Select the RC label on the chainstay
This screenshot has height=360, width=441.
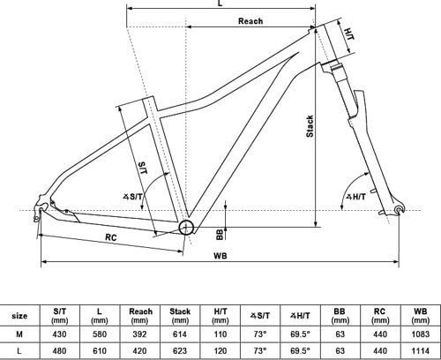(x=113, y=236)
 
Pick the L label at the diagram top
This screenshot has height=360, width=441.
(x=219, y=5)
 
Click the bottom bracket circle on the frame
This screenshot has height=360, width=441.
(x=188, y=229)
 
